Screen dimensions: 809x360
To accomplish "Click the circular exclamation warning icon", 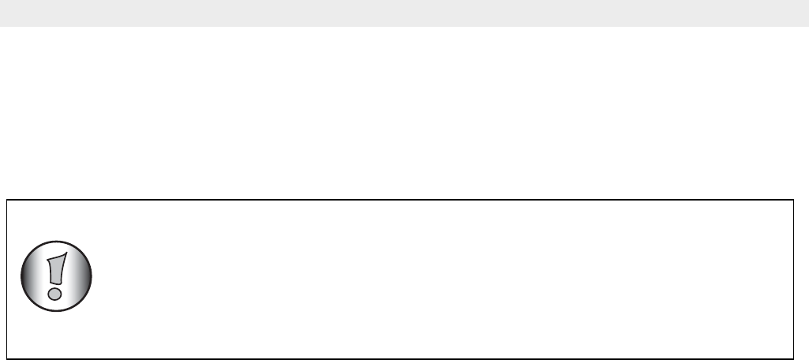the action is pyautogui.click(x=54, y=277).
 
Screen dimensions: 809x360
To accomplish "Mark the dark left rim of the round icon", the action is pyautogui.click(x=22, y=277).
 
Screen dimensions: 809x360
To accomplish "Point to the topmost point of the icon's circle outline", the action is pyautogui.click(x=54, y=241).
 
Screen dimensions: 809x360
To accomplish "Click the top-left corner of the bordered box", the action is pyautogui.click(x=7, y=200).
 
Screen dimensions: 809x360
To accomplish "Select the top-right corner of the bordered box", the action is pyautogui.click(x=792, y=200).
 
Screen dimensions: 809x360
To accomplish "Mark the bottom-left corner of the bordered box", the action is pyautogui.click(x=7, y=358).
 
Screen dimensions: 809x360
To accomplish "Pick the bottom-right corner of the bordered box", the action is pyautogui.click(x=792, y=358).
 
